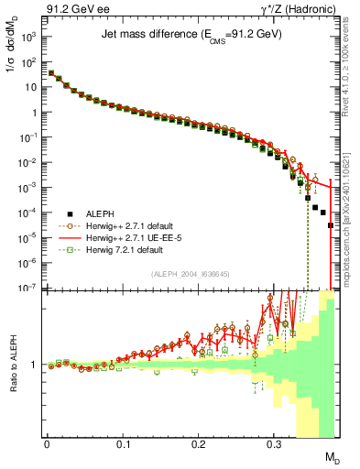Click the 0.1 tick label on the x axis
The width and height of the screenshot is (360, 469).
click(123, 442)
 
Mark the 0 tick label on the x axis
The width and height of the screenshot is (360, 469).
click(47, 442)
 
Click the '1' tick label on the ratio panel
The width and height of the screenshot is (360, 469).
click(36, 365)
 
